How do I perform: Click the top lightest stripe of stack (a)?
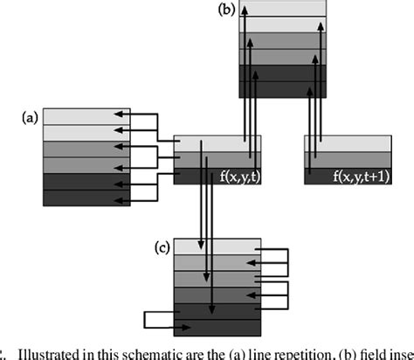79,116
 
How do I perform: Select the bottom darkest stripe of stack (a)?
79,200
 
